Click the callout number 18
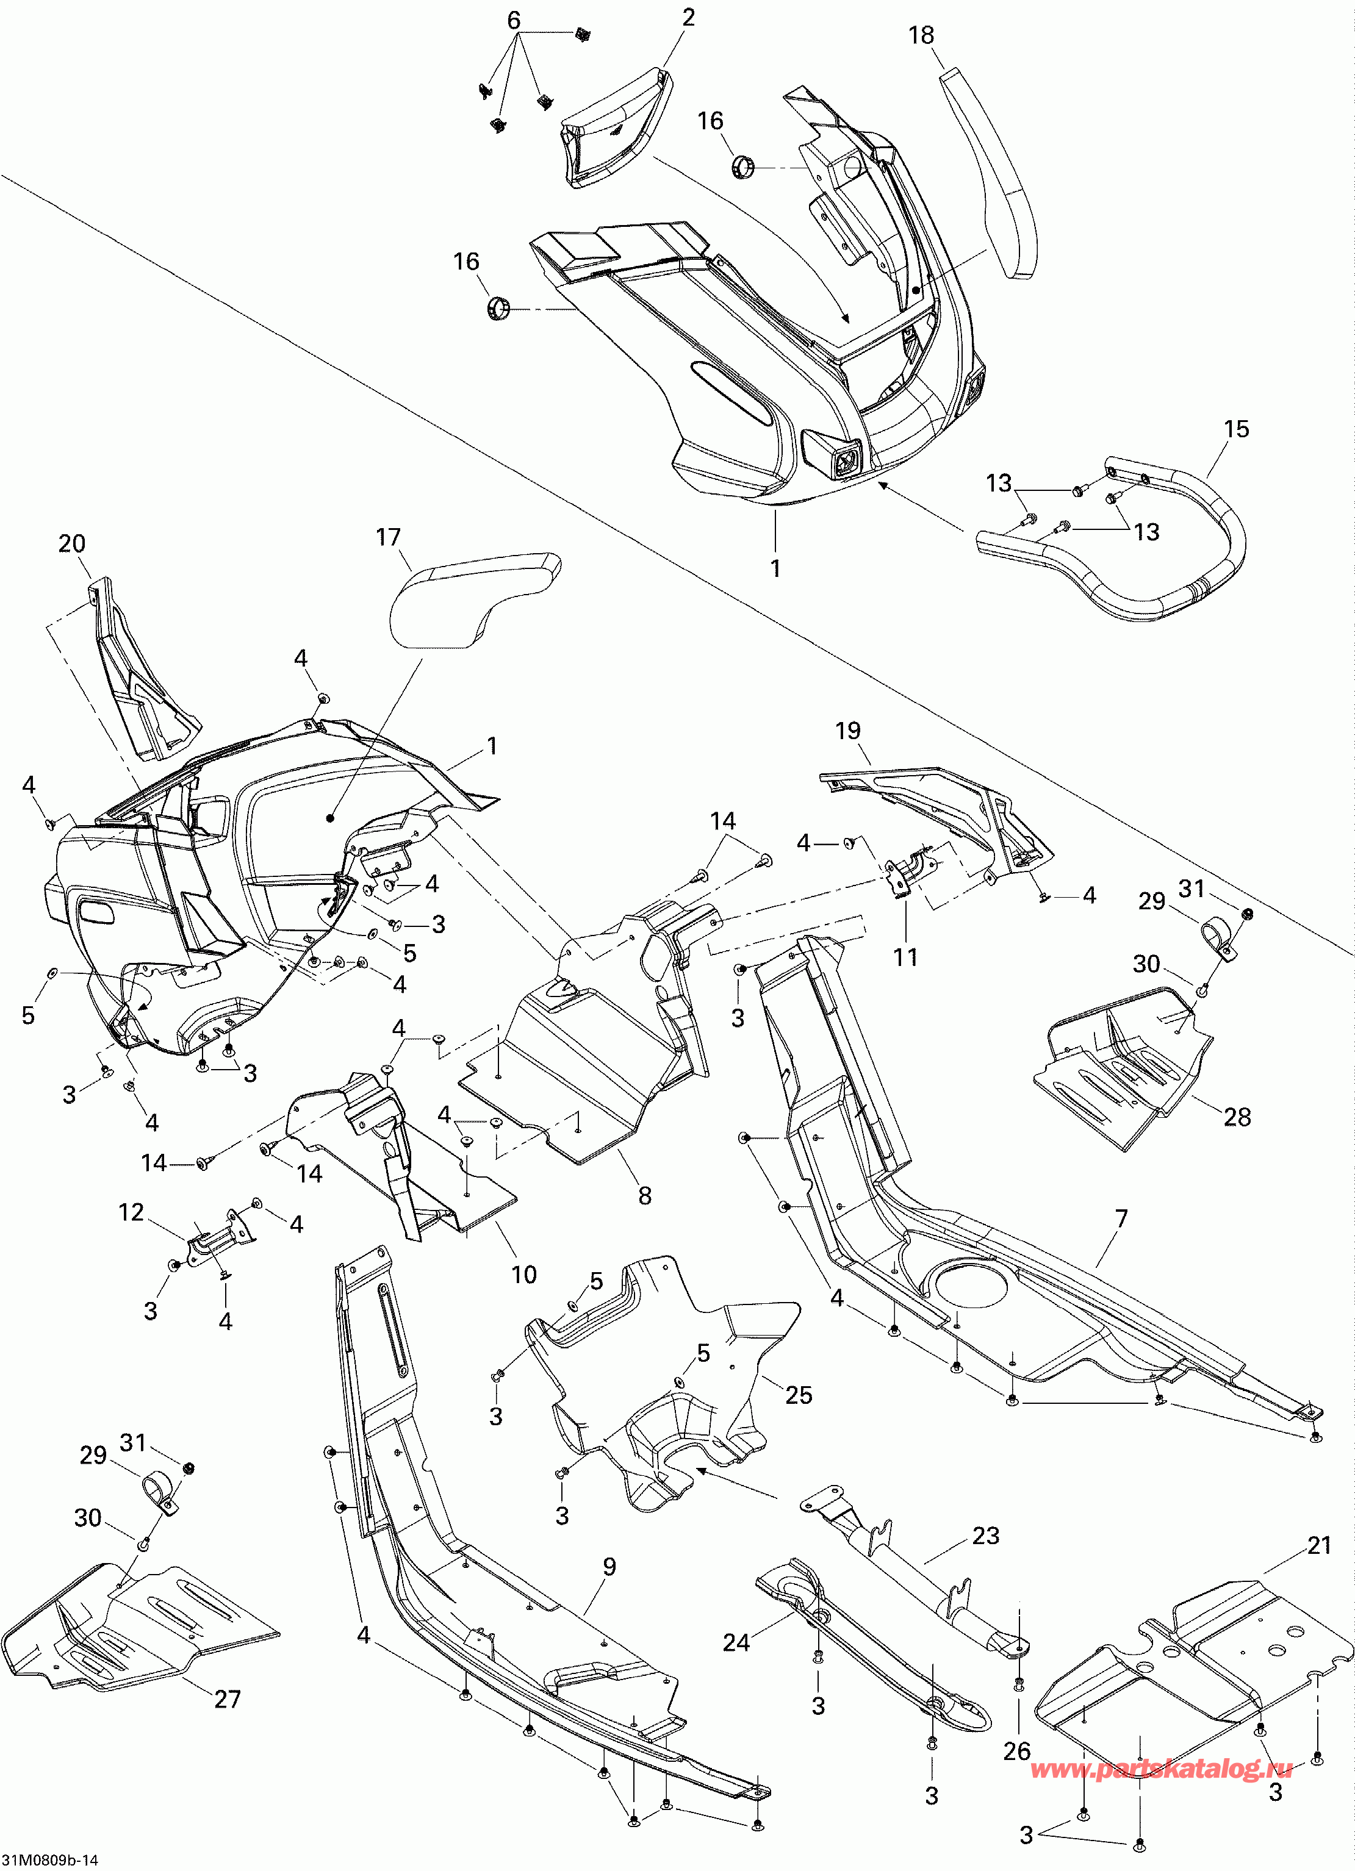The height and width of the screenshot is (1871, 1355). (921, 35)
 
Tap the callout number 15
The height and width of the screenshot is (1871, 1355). (1235, 429)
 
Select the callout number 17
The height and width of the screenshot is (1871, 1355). (388, 537)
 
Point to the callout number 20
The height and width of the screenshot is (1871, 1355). (72, 543)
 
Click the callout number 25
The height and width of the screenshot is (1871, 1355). (798, 1394)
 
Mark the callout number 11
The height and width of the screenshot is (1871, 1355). (905, 957)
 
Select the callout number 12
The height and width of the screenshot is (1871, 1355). (131, 1212)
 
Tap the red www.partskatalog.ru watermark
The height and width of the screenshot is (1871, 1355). (1162, 1767)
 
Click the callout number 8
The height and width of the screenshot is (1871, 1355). (644, 1195)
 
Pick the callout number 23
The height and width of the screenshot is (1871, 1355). (985, 1535)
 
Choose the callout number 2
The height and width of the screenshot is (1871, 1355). (688, 17)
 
